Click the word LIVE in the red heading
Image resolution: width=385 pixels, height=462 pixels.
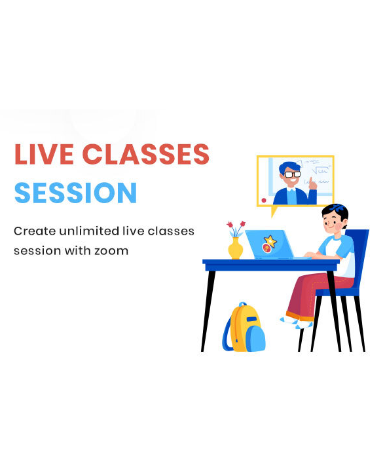coord(41,154)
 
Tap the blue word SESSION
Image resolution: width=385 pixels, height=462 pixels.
coord(75,193)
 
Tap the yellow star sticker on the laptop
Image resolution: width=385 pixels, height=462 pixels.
coord(268,241)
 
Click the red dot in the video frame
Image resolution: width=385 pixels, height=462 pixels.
coord(264,199)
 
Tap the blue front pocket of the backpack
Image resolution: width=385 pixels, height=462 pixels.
coord(255,338)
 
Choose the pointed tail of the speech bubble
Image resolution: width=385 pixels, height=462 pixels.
coord(274,212)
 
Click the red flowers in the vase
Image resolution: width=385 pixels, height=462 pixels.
coord(236,226)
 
